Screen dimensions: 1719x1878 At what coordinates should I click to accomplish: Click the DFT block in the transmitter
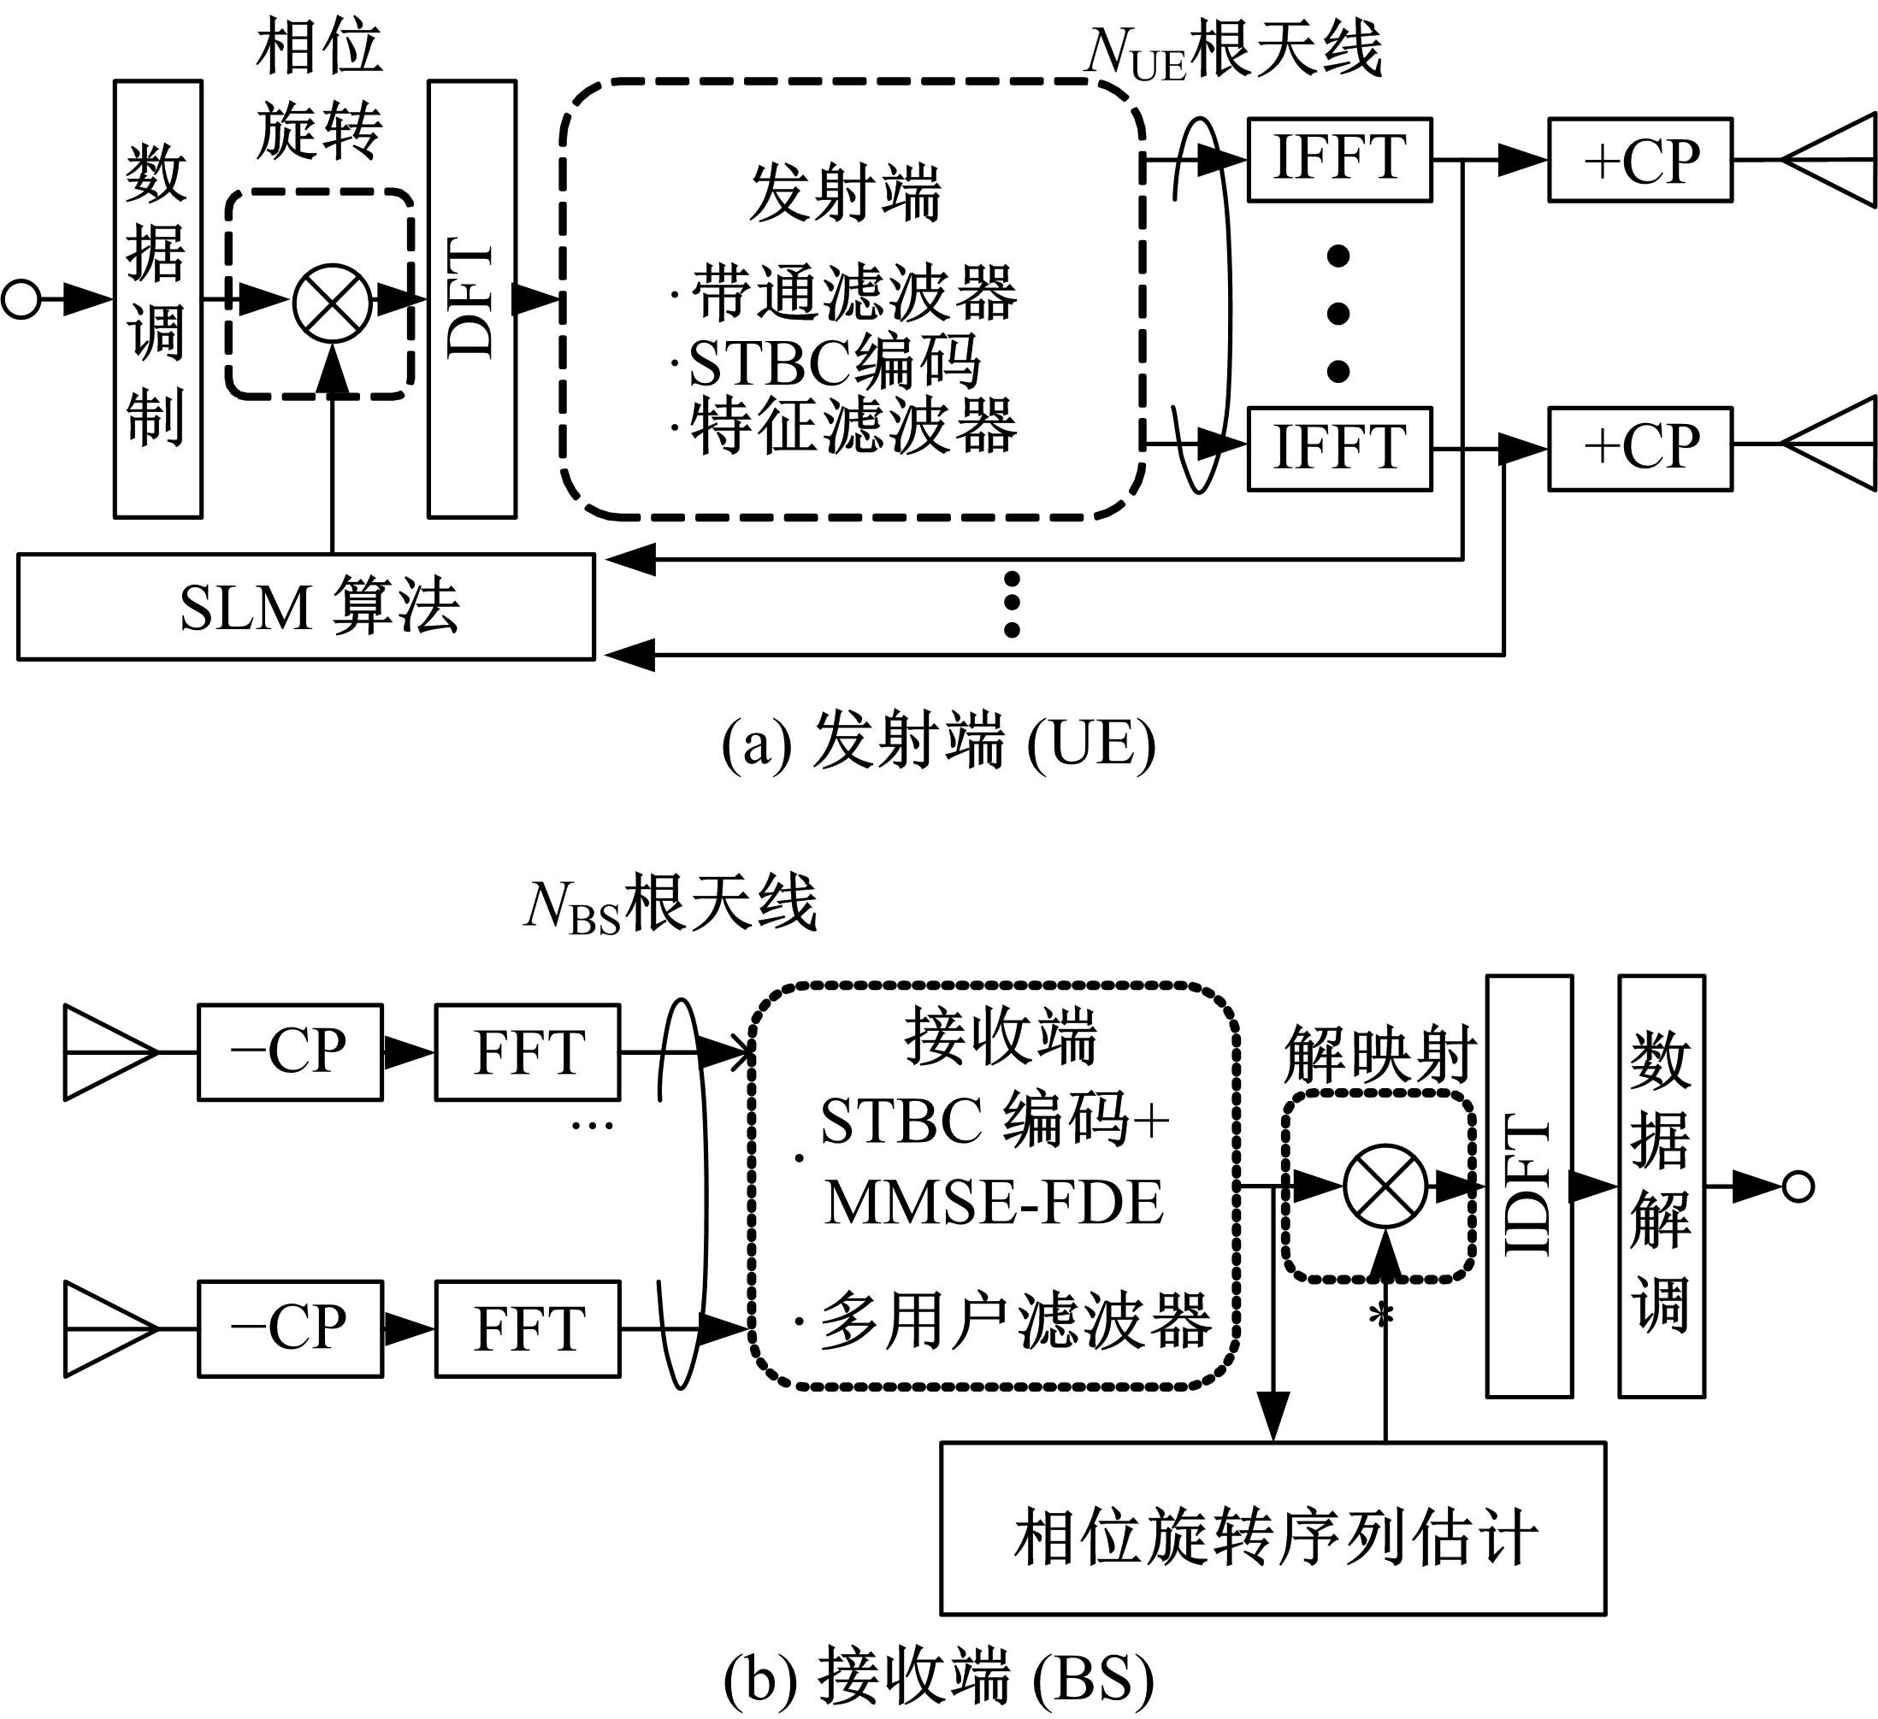point(472,299)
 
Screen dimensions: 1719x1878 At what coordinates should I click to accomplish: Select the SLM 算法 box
point(305,607)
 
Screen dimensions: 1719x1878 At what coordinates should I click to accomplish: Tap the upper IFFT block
point(1339,159)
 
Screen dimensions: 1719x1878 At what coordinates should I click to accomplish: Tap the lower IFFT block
point(1339,449)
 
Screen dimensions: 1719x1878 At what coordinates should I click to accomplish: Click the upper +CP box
point(1640,159)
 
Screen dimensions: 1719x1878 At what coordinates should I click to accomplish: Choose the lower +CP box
point(1640,449)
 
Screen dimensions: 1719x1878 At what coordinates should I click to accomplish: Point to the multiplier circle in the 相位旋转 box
point(333,303)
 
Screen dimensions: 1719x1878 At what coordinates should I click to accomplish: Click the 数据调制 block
point(158,299)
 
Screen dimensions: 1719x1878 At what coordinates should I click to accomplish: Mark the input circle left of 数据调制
point(21,300)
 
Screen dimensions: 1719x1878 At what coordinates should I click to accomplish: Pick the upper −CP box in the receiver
point(290,1052)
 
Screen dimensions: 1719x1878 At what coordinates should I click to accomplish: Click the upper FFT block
point(528,1052)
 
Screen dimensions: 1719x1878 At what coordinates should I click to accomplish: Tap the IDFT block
point(1529,1186)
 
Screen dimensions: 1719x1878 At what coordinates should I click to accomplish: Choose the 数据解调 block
point(1661,1186)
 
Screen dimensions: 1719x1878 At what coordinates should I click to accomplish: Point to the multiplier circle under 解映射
point(1385,1186)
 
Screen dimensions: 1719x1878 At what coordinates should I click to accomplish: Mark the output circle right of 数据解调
point(1798,1186)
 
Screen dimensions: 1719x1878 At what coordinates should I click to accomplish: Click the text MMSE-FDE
point(994,1202)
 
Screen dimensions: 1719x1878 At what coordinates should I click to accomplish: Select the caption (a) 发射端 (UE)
point(938,743)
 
